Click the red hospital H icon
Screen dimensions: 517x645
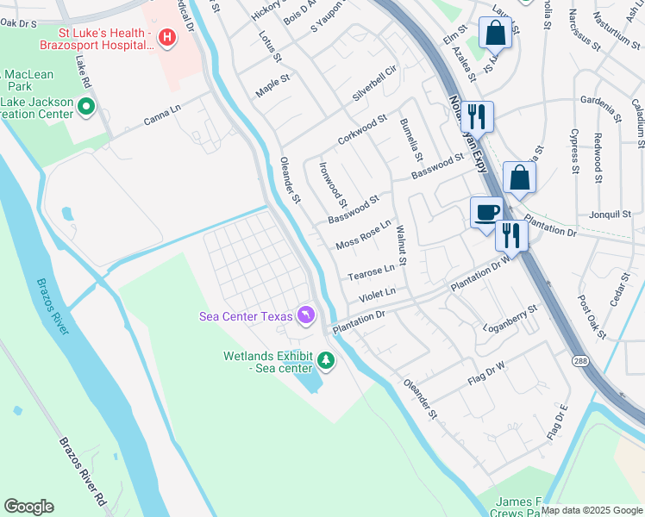pyautogui.click(x=167, y=38)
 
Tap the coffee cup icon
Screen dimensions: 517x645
pyautogui.click(x=486, y=211)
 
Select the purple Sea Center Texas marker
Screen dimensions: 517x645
pyautogui.click(x=305, y=316)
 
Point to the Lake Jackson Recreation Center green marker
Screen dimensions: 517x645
pyautogui.click(x=86, y=108)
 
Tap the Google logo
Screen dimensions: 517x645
pyautogui.click(x=28, y=507)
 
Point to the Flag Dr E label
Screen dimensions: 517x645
pyautogui.click(x=559, y=422)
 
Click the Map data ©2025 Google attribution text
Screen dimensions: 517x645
pyautogui.click(x=592, y=510)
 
